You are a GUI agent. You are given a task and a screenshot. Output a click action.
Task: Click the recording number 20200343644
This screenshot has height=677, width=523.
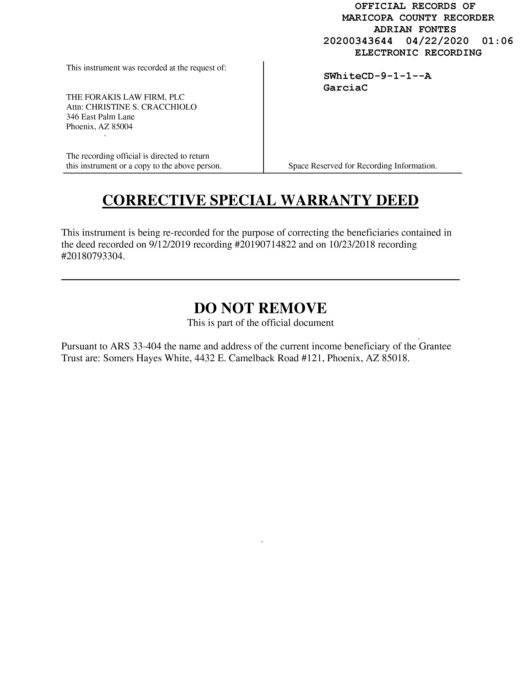pyautogui.click(x=358, y=41)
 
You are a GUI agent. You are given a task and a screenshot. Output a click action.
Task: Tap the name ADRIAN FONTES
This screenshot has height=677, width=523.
pyautogui.click(x=415, y=29)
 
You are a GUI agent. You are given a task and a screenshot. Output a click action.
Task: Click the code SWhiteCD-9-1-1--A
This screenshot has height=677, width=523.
pyautogui.click(x=377, y=76)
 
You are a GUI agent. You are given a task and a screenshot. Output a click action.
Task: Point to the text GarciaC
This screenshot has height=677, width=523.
pyautogui.click(x=345, y=88)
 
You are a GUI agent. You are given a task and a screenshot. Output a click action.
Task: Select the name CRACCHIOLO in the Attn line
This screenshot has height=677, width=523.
pyautogui.click(x=169, y=107)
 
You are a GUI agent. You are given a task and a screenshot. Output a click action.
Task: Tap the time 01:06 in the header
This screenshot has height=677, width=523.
pyautogui.click(x=498, y=41)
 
